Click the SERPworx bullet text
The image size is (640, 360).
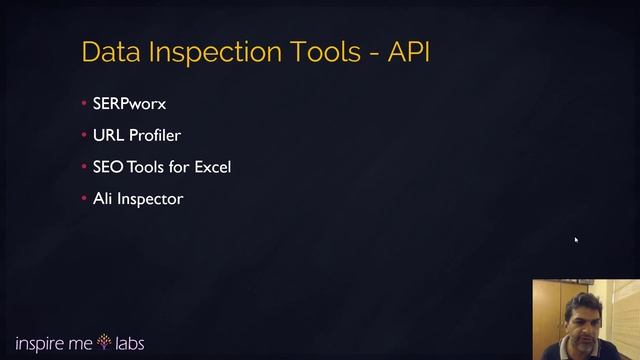(x=129, y=103)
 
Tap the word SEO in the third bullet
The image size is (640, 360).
(x=108, y=167)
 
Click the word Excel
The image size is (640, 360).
(x=212, y=167)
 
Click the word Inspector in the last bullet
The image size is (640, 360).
(x=150, y=199)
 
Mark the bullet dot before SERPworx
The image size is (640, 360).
(x=84, y=104)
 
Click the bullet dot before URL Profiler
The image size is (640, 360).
(x=84, y=135)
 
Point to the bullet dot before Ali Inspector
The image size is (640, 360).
(x=84, y=199)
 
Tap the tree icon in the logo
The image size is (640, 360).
(x=104, y=343)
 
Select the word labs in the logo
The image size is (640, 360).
(x=129, y=343)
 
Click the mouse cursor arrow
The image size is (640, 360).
(x=576, y=240)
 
